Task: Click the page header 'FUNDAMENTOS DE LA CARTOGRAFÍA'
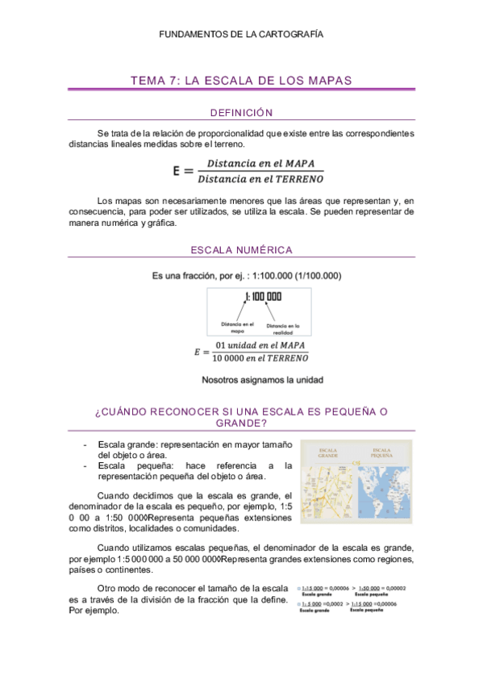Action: [241, 35]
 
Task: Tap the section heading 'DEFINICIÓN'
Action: [241, 112]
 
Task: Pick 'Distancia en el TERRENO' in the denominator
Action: [260, 178]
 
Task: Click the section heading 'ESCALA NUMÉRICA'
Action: [241, 250]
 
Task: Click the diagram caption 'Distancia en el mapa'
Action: [237, 327]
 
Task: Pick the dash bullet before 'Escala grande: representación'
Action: [85, 444]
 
